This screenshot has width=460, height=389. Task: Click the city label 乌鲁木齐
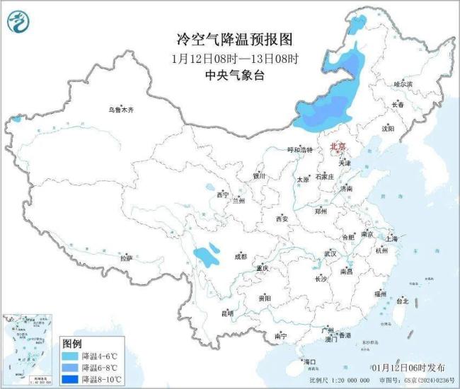click(x=120, y=110)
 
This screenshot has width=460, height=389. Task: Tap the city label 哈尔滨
click(x=402, y=83)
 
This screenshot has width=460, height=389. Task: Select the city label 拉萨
click(x=126, y=259)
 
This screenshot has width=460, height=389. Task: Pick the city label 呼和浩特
click(x=279, y=149)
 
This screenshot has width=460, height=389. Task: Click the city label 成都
click(x=240, y=256)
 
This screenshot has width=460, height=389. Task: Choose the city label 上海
click(x=391, y=239)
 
